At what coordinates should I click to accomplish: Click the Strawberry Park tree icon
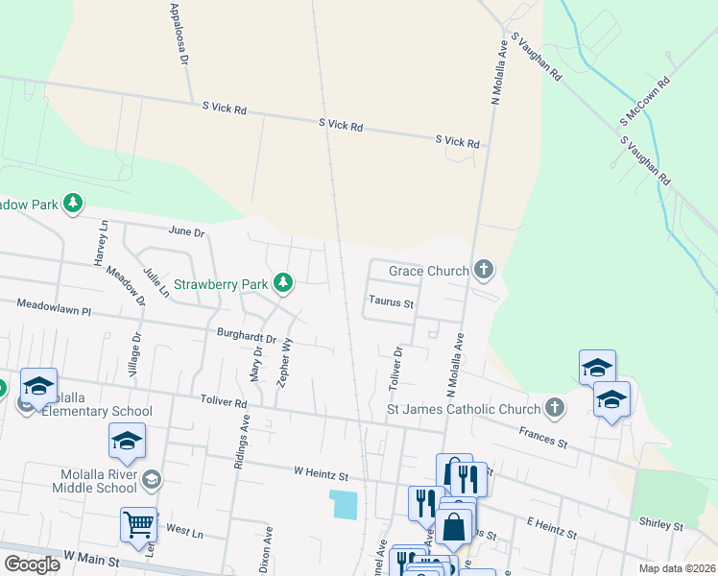coord(282,282)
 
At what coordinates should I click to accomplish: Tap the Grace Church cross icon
coord(484,271)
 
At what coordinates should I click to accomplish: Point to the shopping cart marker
coord(139,525)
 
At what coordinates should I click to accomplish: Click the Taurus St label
coord(391,303)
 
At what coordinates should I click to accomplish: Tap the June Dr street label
coord(186,232)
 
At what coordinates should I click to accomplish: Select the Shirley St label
coord(660,525)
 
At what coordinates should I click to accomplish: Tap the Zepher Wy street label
coord(284,362)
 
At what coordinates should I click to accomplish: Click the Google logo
coord(32,564)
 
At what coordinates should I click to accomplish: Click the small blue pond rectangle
coord(344,504)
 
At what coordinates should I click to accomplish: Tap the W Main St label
coord(90,557)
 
